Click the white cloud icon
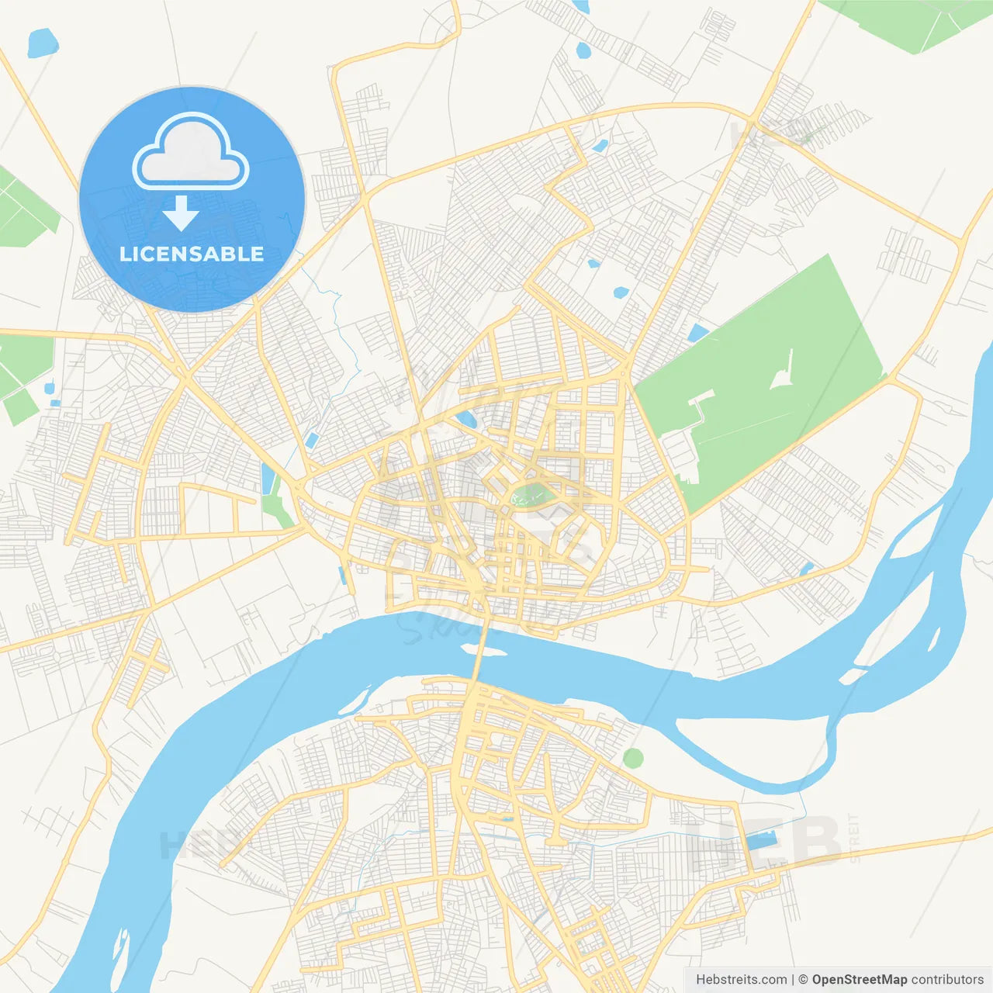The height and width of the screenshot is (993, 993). (x=191, y=152)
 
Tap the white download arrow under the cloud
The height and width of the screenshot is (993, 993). (x=181, y=213)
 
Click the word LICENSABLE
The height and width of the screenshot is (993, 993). (x=192, y=254)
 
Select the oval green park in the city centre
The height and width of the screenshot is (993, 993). (x=531, y=494)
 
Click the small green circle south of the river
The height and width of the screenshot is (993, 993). (x=633, y=758)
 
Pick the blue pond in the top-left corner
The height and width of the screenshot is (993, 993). (x=42, y=43)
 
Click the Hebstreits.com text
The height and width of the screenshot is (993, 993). (x=741, y=980)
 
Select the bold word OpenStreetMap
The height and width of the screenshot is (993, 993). (x=859, y=980)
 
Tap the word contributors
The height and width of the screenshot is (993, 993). (x=947, y=980)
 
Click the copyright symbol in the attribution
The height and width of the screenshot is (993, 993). (x=803, y=980)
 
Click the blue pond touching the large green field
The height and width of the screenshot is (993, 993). (x=697, y=334)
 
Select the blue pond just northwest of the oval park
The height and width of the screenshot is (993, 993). (x=465, y=420)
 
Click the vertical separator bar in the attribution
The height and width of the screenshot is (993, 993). (x=793, y=980)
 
